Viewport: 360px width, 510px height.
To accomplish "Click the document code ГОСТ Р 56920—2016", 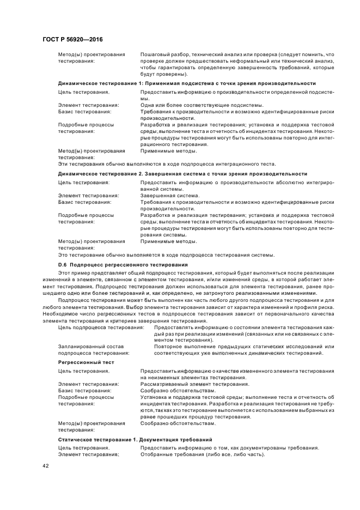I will point(72,39).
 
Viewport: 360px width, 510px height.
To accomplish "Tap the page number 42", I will point(46,466).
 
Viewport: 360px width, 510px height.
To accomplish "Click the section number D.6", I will point(63,264).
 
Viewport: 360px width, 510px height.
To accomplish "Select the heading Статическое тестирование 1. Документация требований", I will point(135,439).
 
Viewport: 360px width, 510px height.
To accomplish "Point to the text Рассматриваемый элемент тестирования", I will point(187,384).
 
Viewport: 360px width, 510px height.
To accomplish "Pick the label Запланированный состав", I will point(91,347).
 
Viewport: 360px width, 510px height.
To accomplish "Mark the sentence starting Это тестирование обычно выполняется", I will point(166,254).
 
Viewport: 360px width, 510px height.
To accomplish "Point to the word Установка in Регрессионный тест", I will point(155,397).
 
